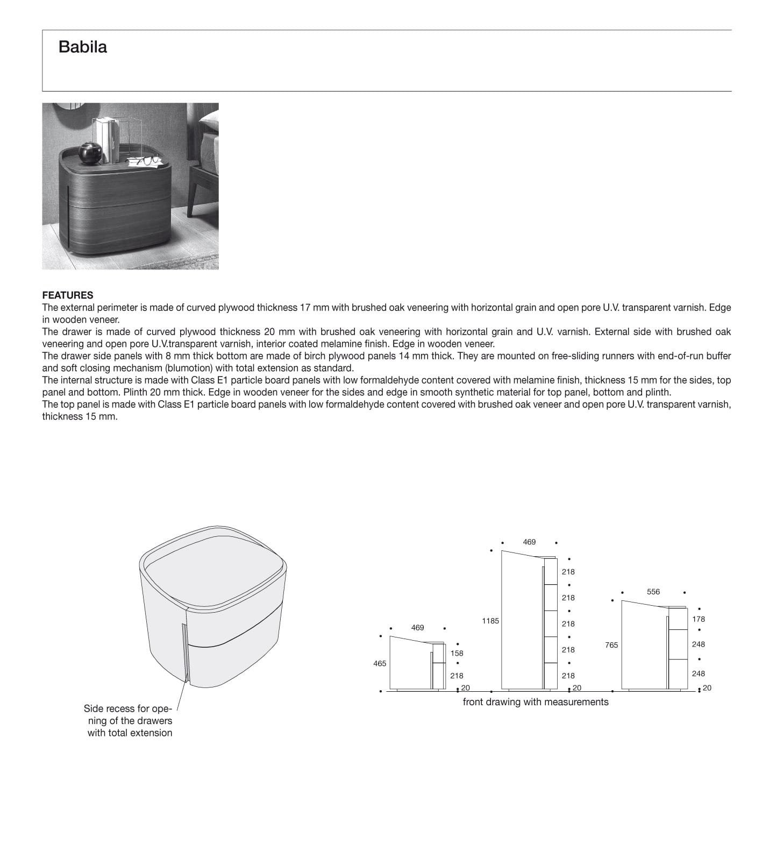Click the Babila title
coord(82,47)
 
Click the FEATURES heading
coord(68,295)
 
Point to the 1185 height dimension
coord(490,621)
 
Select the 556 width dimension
coord(653,592)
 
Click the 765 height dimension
coord(611,645)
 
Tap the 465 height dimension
coord(380,663)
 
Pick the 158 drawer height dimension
coord(457,653)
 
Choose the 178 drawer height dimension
coord(698,619)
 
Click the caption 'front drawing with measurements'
coord(535,702)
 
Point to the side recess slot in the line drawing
coord(185,654)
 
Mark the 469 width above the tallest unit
coord(529,542)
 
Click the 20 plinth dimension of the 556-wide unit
coord(707,688)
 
